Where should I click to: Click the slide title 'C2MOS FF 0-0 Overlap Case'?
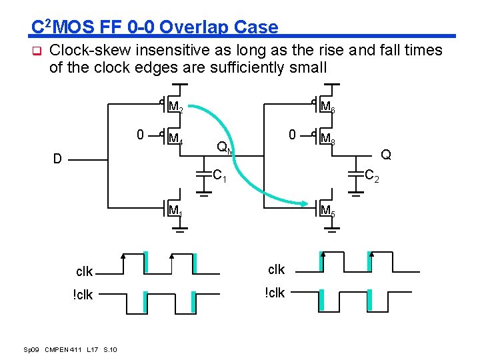(155, 27)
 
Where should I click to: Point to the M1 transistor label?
(175, 212)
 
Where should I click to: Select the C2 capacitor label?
(372, 176)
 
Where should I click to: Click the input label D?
(59, 159)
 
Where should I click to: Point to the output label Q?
(385, 155)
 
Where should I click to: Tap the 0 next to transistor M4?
(139, 135)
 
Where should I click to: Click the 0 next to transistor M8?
(292, 135)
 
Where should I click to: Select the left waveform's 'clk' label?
(85, 272)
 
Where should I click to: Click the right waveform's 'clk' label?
(276, 269)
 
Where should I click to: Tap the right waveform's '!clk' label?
(275, 293)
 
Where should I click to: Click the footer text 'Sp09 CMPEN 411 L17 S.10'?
(71, 349)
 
